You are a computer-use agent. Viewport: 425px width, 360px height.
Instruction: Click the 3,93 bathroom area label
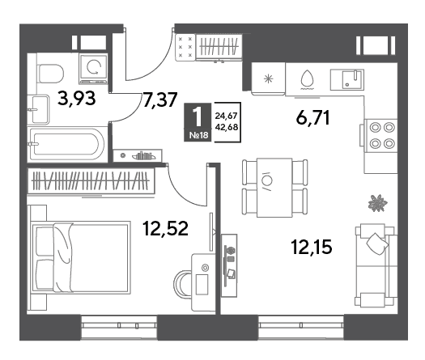[77, 99]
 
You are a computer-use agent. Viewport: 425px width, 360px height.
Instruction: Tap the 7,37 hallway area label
[160, 100]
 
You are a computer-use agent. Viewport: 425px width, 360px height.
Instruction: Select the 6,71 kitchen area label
[313, 118]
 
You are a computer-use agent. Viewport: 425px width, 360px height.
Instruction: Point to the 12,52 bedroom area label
[166, 228]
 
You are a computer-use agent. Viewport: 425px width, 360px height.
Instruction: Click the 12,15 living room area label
[312, 247]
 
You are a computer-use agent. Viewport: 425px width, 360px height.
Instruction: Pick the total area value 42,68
[227, 127]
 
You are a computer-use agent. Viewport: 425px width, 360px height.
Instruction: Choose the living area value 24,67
[227, 116]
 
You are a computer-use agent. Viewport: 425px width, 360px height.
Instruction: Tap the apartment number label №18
[199, 135]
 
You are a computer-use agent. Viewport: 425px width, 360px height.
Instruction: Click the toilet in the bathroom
[50, 74]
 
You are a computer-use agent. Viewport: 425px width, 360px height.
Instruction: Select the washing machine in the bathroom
[94, 69]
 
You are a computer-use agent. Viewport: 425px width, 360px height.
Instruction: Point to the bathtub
[67, 144]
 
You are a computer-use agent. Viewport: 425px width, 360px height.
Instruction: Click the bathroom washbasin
[40, 110]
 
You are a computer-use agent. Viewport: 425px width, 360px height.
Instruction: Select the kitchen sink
[347, 79]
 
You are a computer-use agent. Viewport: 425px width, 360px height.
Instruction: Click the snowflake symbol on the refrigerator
[269, 79]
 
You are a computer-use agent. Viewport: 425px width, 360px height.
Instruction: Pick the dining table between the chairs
[274, 188]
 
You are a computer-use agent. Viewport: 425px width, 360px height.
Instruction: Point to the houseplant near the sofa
[377, 203]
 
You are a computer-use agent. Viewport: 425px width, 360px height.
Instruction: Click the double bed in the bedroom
[79, 257]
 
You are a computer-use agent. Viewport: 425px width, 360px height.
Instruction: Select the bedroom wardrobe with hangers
[91, 180]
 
